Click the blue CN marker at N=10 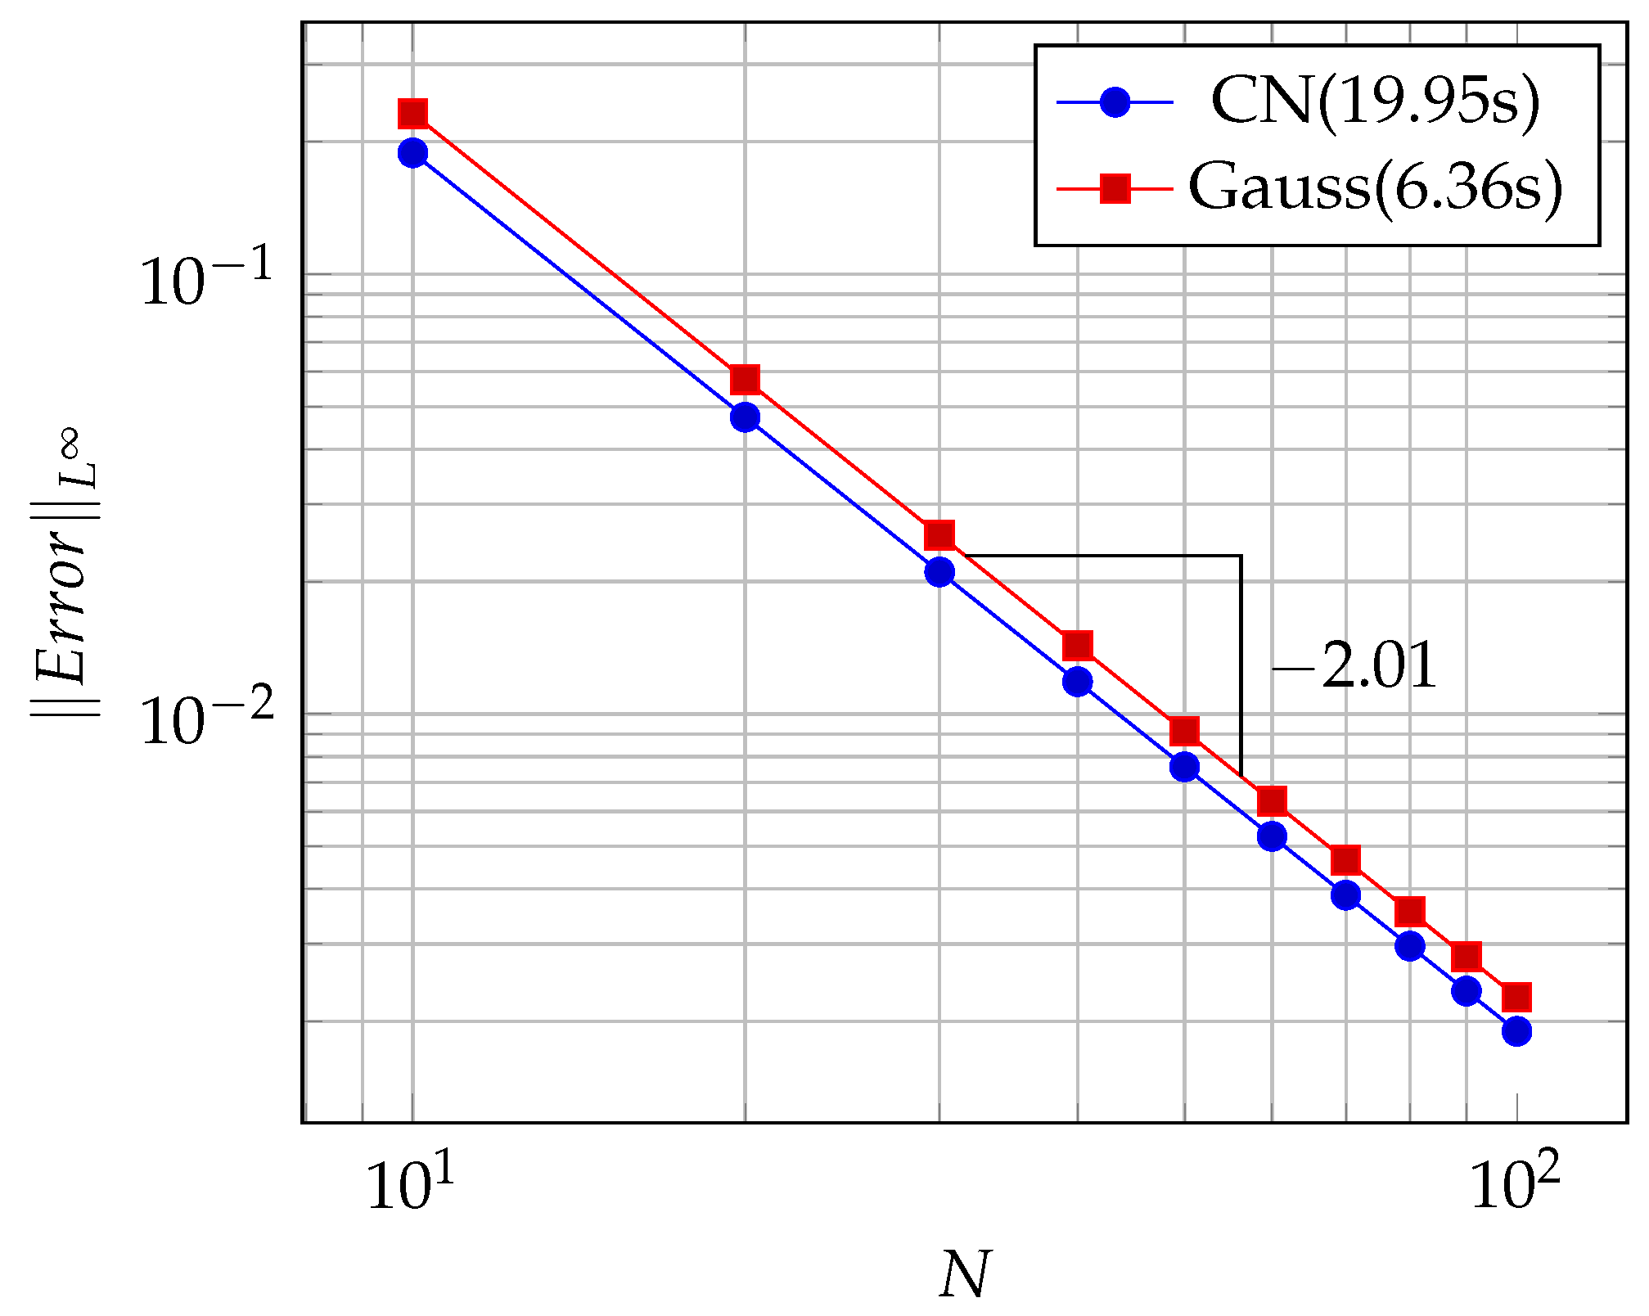click(x=412, y=153)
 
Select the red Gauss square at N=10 click(x=412, y=114)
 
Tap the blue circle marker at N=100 click(x=1516, y=1030)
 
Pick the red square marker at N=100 click(x=1516, y=997)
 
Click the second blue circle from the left click(x=745, y=417)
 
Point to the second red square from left click(x=745, y=379)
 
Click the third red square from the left click(x=939, y=535)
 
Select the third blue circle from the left click(x=939, y=571)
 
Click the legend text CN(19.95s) click(x=1375, y=102)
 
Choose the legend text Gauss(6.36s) click(x=1375, y=187)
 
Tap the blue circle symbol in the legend click(x=1115, y=102)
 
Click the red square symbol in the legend click(x=1115, y=188)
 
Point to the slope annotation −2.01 click(x=1354, y=666)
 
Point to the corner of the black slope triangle click(x=1241, y=557)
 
